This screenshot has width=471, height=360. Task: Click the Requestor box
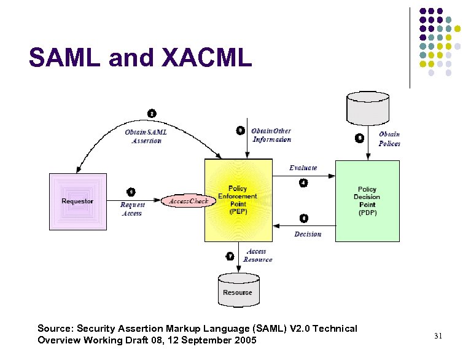(77, 202)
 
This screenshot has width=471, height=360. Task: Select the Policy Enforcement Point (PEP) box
(238, 200)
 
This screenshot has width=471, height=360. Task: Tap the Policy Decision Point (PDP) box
(367, 200)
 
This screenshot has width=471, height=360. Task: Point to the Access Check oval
(189, 201)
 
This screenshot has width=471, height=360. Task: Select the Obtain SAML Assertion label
(146, 136)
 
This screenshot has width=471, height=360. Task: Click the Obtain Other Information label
(271, 135)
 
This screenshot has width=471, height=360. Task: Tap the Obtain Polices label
(389, 139)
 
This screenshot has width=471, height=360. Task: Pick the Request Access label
(132, 209)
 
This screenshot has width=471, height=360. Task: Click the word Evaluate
(303, 168)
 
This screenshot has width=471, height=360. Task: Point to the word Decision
(308, 234)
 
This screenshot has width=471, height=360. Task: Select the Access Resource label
(257, 256)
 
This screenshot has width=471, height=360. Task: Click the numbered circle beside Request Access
(131, 192)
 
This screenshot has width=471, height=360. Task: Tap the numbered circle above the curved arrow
(152, 113)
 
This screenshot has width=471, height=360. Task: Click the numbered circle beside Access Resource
(230, 256)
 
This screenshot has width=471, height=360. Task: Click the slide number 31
(438, 335)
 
